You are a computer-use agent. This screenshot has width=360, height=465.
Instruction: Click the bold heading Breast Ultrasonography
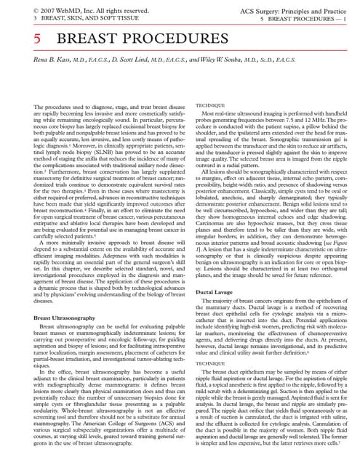(65, 318)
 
